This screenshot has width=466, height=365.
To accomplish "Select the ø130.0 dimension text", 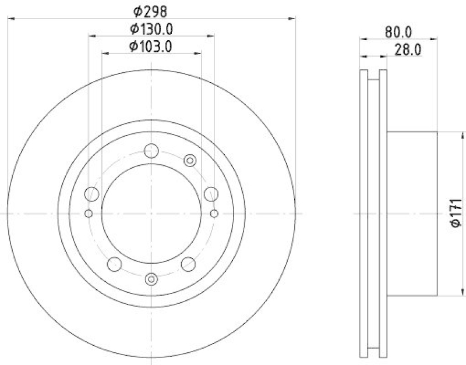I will click(x=151, y=29).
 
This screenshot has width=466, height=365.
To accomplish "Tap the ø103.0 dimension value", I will click(x=151, y=46).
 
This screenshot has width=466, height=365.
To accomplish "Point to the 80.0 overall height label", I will click(x=398, y=33).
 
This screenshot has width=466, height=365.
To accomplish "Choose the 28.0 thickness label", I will click(x=408, y=51).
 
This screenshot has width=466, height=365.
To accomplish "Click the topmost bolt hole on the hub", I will click(x=151, y=150).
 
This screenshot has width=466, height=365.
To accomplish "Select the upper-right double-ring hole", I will click(x=189, y=160).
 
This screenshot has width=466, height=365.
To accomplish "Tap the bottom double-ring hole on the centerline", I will click(x=151, y=279).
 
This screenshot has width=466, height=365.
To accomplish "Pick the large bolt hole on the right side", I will click(x=211, y=193).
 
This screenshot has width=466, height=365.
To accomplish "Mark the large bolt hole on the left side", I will click(x=91, y=193).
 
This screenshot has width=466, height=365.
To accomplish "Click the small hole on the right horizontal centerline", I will click(x=214, y=214).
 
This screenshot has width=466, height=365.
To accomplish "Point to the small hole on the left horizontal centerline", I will click(x=89, y=214).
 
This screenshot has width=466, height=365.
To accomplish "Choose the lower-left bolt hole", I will click(x=115, y=264).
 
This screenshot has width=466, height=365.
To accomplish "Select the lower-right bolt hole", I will click(x=188, y=264).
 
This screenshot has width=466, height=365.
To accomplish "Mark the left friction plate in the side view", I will click(x=364, y=214).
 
